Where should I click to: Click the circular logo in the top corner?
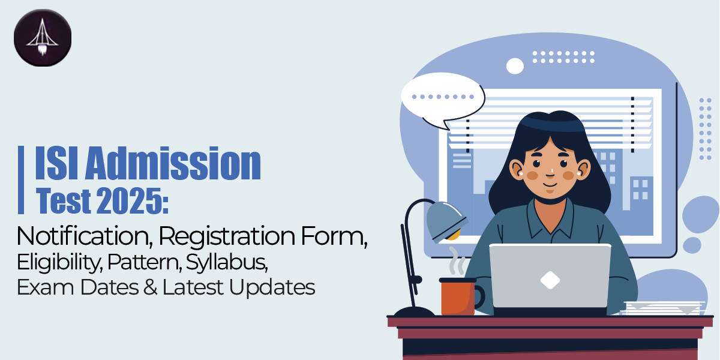(x=42, y=38)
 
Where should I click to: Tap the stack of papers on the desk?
(x=663, y=308)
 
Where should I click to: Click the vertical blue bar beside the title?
(x=22, y=180)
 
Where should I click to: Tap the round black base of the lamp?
(x=413, y=312)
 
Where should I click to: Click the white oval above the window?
(x=515, y=65)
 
